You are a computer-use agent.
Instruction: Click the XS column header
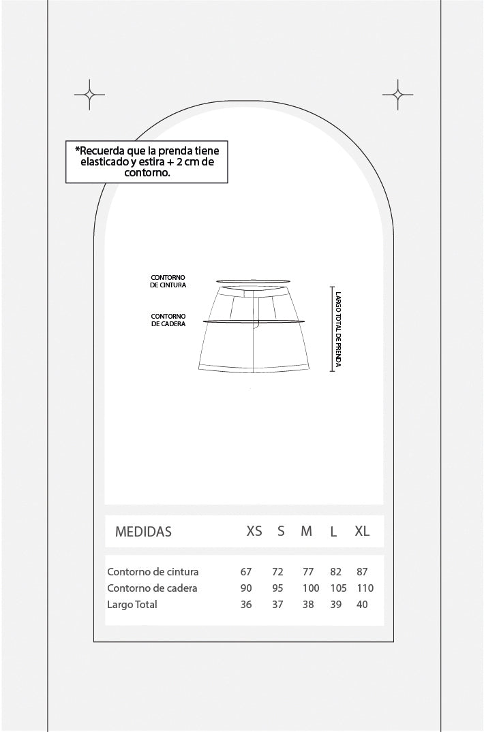[x=254, y=531]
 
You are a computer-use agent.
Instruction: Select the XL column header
[x=362, y=531]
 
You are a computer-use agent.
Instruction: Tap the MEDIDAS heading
[x=143, y=531]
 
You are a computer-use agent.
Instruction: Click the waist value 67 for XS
[x=246, y=572]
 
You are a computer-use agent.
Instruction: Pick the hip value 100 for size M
[x=311, y=588]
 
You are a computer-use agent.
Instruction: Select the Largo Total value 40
[x=362, y=605]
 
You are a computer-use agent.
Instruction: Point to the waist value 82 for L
[x=335, y=572]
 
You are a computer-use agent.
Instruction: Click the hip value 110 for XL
[x=365, y=588]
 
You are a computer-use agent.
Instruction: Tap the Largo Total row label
[x=132, y=605]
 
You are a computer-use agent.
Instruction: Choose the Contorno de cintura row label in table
[x=153, y=572]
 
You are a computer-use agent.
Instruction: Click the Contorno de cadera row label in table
[x=152, y=588]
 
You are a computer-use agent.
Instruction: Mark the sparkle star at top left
[x=89, y=94]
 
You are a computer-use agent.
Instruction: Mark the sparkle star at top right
[x=398, y=94]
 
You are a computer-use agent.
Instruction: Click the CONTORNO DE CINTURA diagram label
[x=168, y=281]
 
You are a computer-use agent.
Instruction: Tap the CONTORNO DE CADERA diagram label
[x=168, y=320]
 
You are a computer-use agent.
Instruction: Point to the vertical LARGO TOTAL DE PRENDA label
[x=338, y=329]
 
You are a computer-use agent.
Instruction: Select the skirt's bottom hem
[x=254, y=369]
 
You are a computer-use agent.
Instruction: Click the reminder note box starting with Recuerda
[x=147, y=162]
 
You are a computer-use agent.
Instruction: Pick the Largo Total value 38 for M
[x=308, y=605]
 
